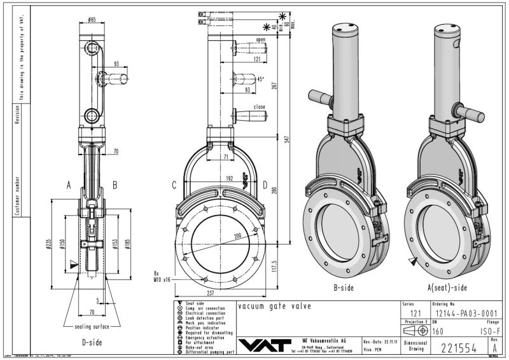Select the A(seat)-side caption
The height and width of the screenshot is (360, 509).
point(445,288)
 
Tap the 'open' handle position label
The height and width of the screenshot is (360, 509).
point(260,39)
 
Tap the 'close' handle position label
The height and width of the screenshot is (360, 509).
point(260,107)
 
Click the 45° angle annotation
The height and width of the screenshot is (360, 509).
point(260,80)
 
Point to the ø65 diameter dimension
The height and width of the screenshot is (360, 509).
point(92,20)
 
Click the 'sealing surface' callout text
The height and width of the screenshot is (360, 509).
point(89,327)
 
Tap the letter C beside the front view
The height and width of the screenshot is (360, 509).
point(174,185)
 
